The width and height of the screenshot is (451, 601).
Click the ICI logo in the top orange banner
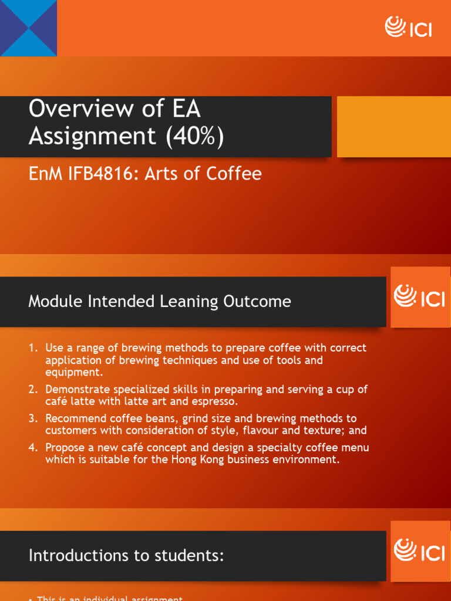click(x=409, y=27)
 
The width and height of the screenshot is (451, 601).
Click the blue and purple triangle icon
click(x=28, y=28)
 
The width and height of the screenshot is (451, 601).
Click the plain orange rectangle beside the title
click(x=393, y=127)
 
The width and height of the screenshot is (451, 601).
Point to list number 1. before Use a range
click(x=33, y=348)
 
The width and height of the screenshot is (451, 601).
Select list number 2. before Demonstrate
click(x=33, y=390)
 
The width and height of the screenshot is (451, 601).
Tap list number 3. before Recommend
click(x=33, y=418)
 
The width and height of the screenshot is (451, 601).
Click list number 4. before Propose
click(x=33, y=448)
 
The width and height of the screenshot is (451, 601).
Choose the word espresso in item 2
click(x=217, y=401)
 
